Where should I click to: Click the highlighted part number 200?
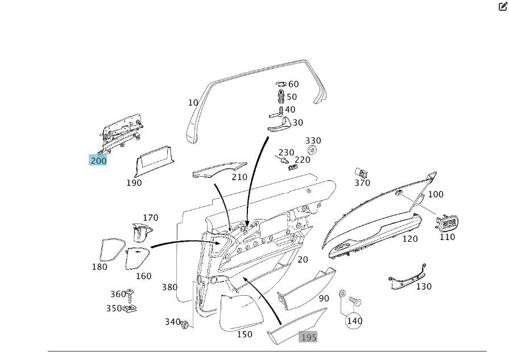click(98, 160)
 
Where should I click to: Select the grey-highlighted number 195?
click(308, 337)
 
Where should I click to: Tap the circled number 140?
click(354, 321)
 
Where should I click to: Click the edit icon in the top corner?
click(503, 7)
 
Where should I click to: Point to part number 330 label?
click(313, 140)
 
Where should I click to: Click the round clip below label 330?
click(312, 150)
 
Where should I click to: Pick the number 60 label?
click(293, 85)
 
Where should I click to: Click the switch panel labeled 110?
click(448, 223)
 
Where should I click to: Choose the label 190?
click(134, 183)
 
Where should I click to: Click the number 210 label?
click(239, 177)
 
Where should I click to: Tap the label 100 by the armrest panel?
click(436, 195)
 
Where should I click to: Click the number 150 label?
click(245, 334)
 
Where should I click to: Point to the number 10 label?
click(193, 103)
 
